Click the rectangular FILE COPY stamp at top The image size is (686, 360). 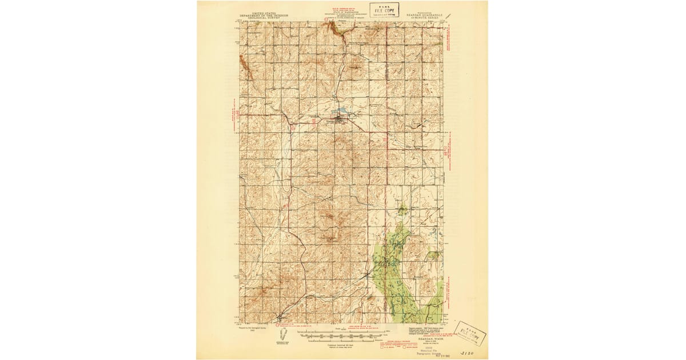384,10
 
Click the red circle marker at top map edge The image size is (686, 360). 326,18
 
